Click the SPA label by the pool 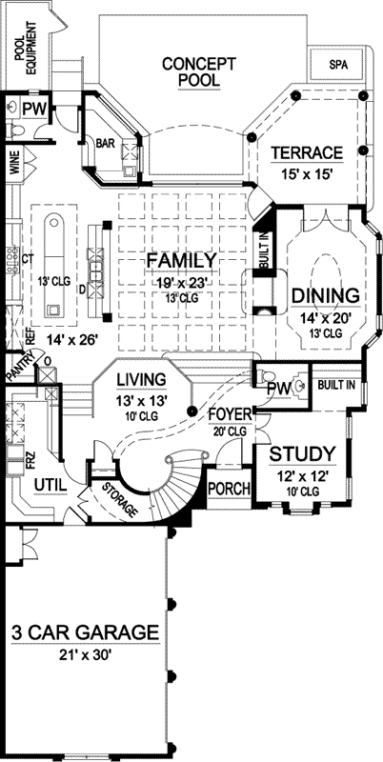point(337,64)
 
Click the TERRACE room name point(306,153)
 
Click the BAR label point(105,144)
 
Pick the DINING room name point(325,295)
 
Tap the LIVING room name point(141,381)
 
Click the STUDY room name point(300,452)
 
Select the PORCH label point(229,490)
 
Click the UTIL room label point(50,486)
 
